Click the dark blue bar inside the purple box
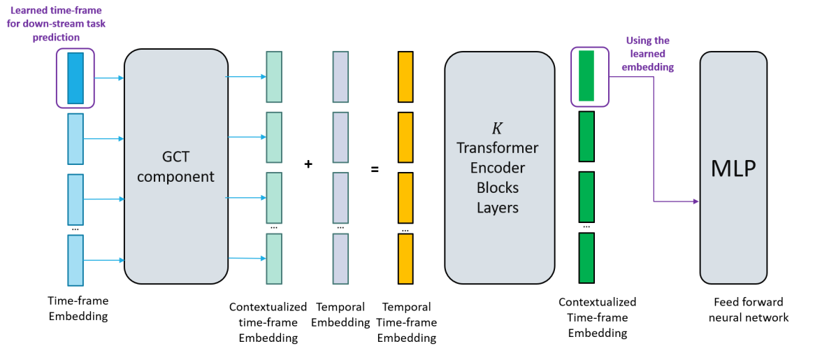click(x=75, y=78)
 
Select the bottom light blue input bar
click(x=75, y=260)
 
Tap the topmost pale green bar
click(x=274, y=77)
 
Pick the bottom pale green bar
click(x=274, y=259)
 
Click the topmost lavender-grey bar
click(x=340, y=77)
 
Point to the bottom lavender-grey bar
click(x=340, y=259)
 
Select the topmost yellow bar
click(x=405, y=77)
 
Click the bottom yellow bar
click(x=405, y=259)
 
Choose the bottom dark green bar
click(x=586, y=258)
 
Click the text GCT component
click(x=175, y=167)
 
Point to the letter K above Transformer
click(x=497, y=129)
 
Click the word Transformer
click(x=498, y=148)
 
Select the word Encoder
click(x=498, y=168)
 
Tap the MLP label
click(x=733, y=168)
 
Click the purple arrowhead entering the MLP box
click(x=696, y=202)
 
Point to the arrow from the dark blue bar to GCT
click(x=108, y=78)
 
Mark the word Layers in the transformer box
click(x=498, y=208)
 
